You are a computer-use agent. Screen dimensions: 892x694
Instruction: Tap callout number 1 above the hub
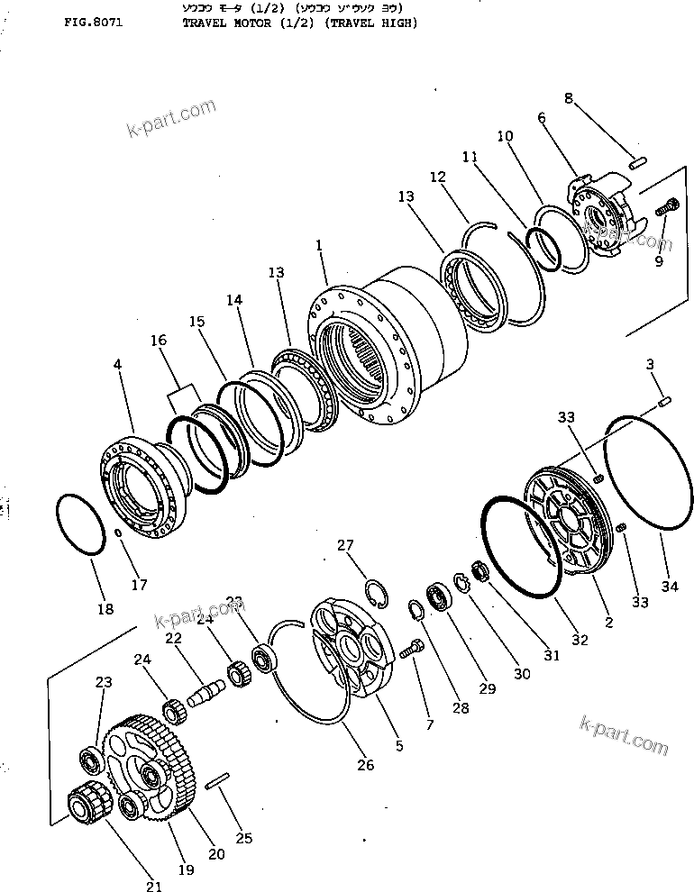coord(319,245)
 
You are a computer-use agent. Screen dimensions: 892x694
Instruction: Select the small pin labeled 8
coord(637,163)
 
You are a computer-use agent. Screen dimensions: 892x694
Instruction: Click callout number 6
coord(542,117)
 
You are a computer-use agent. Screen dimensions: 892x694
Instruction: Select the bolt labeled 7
coord(415,647)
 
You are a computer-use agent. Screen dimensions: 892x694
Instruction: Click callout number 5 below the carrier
coord(399,746)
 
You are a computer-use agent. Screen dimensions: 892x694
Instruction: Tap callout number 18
coord(105,609)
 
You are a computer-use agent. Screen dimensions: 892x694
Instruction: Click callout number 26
coord(364,766)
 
